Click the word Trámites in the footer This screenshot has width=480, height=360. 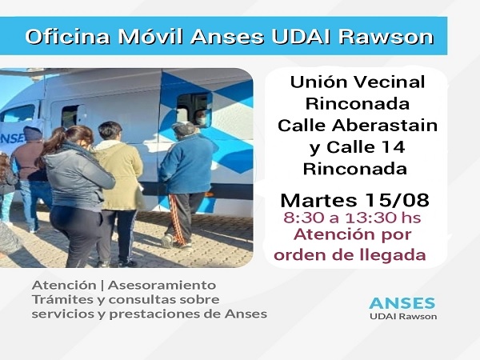59,299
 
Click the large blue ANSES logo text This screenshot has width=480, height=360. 402,303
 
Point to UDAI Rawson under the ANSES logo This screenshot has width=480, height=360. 402,318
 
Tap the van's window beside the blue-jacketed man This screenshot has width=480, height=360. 194,108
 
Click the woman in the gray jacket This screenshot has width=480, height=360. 77,192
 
